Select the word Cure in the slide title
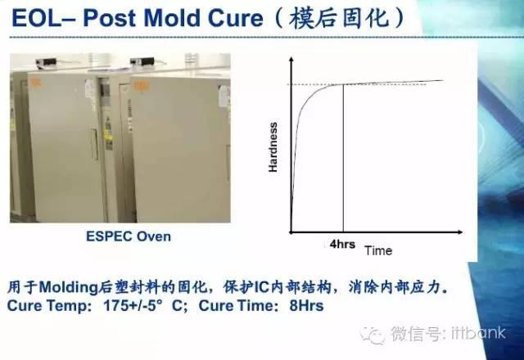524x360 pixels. coord(235,18)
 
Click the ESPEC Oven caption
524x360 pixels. coord(129,236)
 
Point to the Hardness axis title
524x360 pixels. coord(273,147)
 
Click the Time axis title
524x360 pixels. coord(378,251)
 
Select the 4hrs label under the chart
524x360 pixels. coord(342,244)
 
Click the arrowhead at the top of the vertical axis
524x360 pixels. coord(291,60)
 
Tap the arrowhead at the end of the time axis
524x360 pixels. coord(460,232)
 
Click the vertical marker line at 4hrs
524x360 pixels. coord(343,158)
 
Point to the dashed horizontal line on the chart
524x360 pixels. coord(357,84)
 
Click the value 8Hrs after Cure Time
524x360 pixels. coord(306,306)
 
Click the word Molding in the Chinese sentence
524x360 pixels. coord(68,287)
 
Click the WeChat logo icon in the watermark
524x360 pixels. coord(372,335)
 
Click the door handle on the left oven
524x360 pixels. coord(95,144)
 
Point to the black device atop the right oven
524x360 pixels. coord(142,61)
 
